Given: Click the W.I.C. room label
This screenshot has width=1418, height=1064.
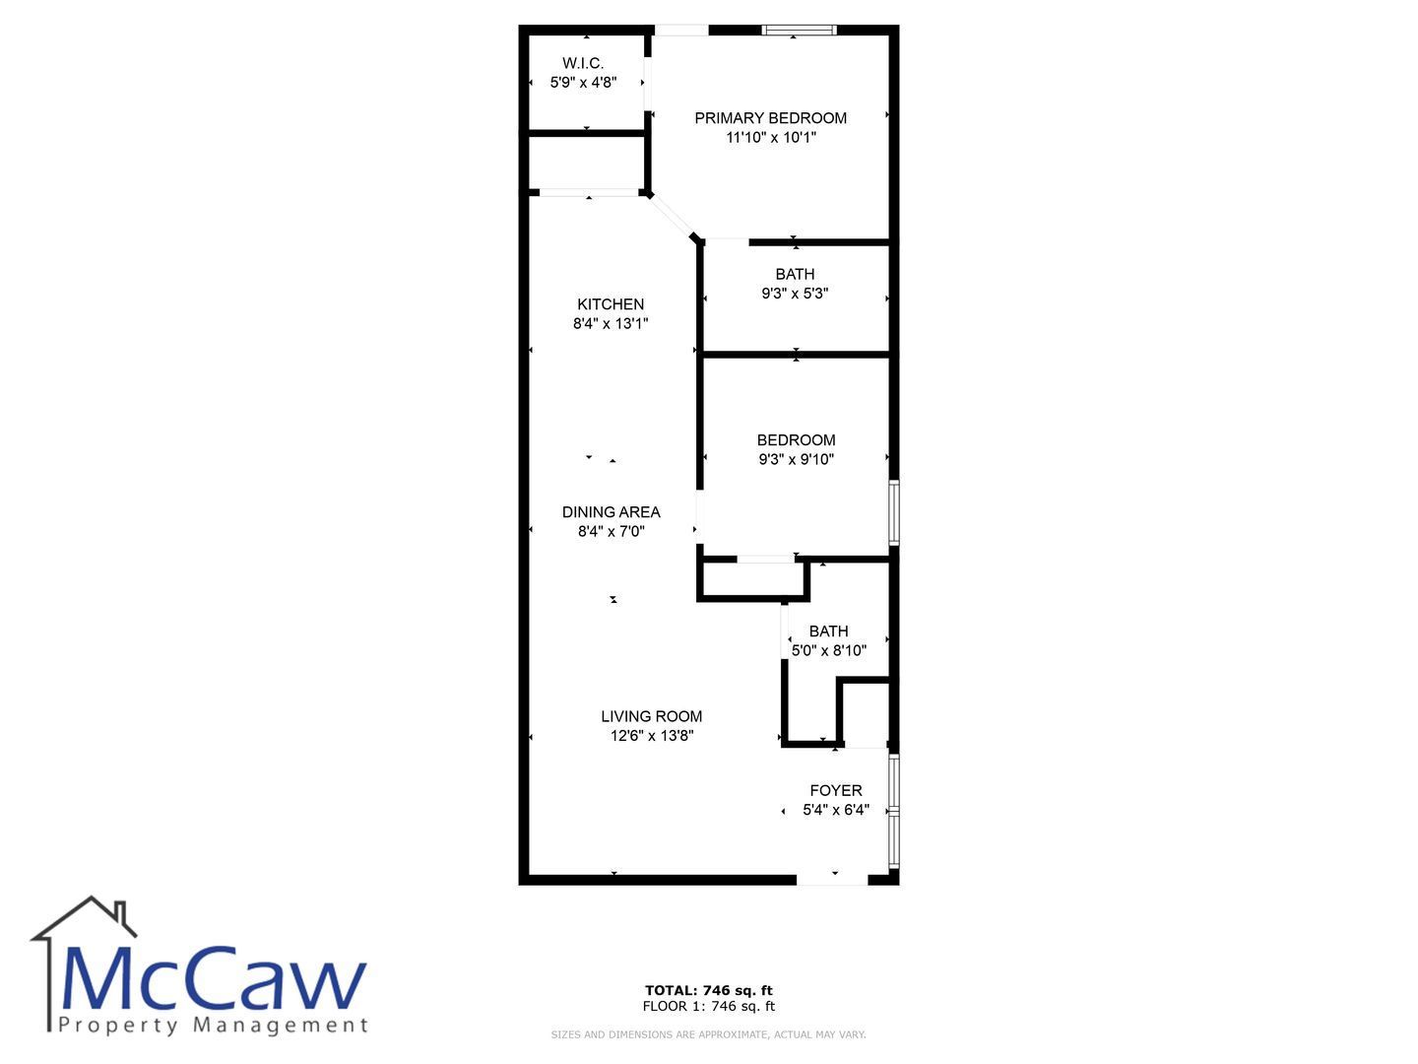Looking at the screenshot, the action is [583, 63].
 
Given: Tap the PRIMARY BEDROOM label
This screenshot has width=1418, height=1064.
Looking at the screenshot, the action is [770, 118].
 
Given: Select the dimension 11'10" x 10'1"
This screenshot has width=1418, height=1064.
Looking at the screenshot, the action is [771, 137].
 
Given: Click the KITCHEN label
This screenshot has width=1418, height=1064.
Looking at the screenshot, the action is [611, 304].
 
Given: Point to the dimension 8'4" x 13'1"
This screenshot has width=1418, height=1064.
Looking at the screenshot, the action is [611, 323].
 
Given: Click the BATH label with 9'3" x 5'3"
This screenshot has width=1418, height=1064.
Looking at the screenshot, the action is [795, 274].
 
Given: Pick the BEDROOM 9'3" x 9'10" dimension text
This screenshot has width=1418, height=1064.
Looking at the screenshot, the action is [796, 459].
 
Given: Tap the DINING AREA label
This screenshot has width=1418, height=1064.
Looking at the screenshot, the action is [612, 512].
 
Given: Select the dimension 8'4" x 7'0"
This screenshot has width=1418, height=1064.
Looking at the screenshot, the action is [612, 531].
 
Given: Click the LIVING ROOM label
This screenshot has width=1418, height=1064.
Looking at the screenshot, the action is [651, 716].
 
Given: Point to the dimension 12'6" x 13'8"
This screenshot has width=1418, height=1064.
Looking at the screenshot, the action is [652, 735].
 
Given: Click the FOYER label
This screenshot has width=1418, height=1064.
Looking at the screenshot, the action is [836, 791].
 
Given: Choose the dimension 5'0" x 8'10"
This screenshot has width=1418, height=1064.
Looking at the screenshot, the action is [829, 650].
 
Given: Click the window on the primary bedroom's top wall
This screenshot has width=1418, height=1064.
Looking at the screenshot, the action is [799, 30].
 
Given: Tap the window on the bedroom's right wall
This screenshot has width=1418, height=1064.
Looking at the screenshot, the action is [894, 512].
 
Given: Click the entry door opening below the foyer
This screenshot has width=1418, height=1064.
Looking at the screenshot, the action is [831, 879].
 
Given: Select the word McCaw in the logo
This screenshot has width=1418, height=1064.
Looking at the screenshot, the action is [214, 979].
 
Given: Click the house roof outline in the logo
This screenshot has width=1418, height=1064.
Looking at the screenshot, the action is [84, 917].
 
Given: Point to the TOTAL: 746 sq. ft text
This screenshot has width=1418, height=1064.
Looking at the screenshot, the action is [708, 990].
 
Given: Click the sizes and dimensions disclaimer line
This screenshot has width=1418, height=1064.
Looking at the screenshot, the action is [708, 1034].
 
